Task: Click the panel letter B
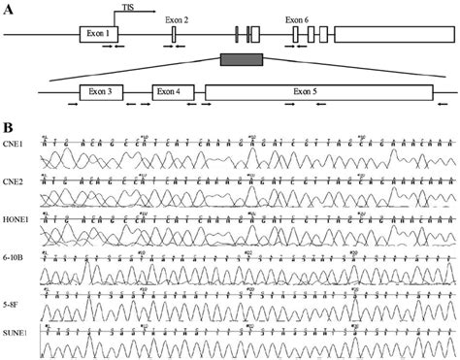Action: tap(9, 124)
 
